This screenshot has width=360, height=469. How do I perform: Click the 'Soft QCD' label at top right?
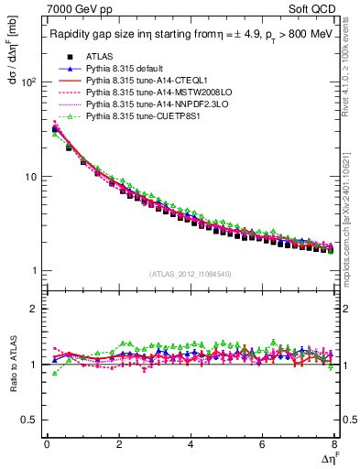[315, 10]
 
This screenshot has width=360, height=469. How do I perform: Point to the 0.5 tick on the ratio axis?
[29, 420]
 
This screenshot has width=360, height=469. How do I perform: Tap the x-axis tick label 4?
[190, 444]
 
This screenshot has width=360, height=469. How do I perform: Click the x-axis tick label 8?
[333, 444]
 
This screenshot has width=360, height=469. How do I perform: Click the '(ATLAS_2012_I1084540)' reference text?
[190, 273]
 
